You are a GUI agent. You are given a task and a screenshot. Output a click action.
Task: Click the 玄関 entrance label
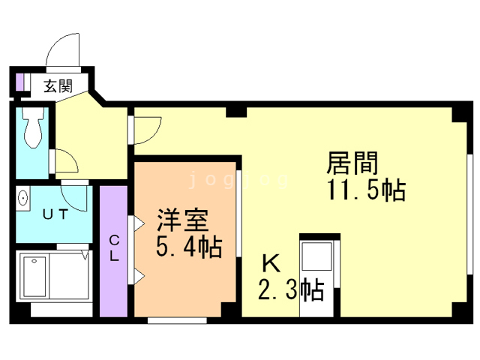[57, 86]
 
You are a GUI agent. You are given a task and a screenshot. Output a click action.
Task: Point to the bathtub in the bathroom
[37, 277]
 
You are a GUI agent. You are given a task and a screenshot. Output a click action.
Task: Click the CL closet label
[115, 248]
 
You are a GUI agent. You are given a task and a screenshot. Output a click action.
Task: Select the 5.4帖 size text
[188, 247]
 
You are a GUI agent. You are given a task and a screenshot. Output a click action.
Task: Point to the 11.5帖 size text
[365, 190]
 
